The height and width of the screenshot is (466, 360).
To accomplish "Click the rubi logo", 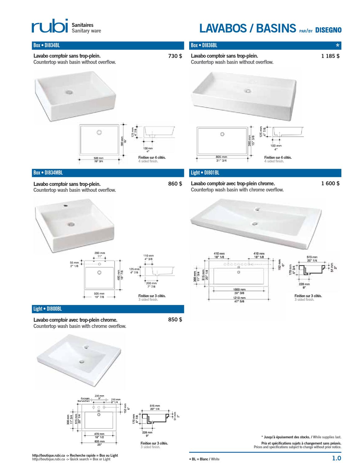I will pyautogui.click(x=50, y=27).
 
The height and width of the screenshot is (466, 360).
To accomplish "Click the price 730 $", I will pyautogui.click(x=175, y=56).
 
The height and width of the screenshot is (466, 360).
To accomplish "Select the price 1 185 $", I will pyautogui.click(x=330, y=56).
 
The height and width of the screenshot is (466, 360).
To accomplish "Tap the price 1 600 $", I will pyautogui.click(x=330, y=183).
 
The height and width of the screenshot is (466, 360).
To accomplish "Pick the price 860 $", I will pyautogui.click(x=175, y=184).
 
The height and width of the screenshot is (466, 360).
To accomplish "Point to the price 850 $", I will pyautogui.click(x=175, y=320).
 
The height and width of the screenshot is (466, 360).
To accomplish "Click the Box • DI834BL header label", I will pyautogui.click(x=47, y=45).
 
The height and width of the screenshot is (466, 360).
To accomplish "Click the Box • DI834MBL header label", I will pyautogui.click(x=48, y=173).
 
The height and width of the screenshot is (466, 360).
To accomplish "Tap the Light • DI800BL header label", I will pyautogui.click(x=48, y=309).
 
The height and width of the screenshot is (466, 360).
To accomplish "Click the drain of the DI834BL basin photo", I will pyautogui.click(x=69, y=92).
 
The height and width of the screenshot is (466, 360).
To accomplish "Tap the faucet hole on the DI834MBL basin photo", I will pyautogui.click(x=66, y=206).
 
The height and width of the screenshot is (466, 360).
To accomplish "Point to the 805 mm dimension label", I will pyautogui.click(x=221, y=157).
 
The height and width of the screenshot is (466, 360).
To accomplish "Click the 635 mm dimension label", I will pyautogui.click(x=99, y=441).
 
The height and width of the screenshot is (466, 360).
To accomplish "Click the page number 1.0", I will pyautogui.click(x=336, y=458).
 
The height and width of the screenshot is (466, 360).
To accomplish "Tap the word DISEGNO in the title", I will pyautogui.click(x=328, y=30).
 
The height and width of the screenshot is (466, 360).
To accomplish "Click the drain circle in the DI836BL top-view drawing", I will pyautogui.click(x=222, y=134).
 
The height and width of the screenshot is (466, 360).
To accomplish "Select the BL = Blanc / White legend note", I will pyautogui.click(x=205, y=459).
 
